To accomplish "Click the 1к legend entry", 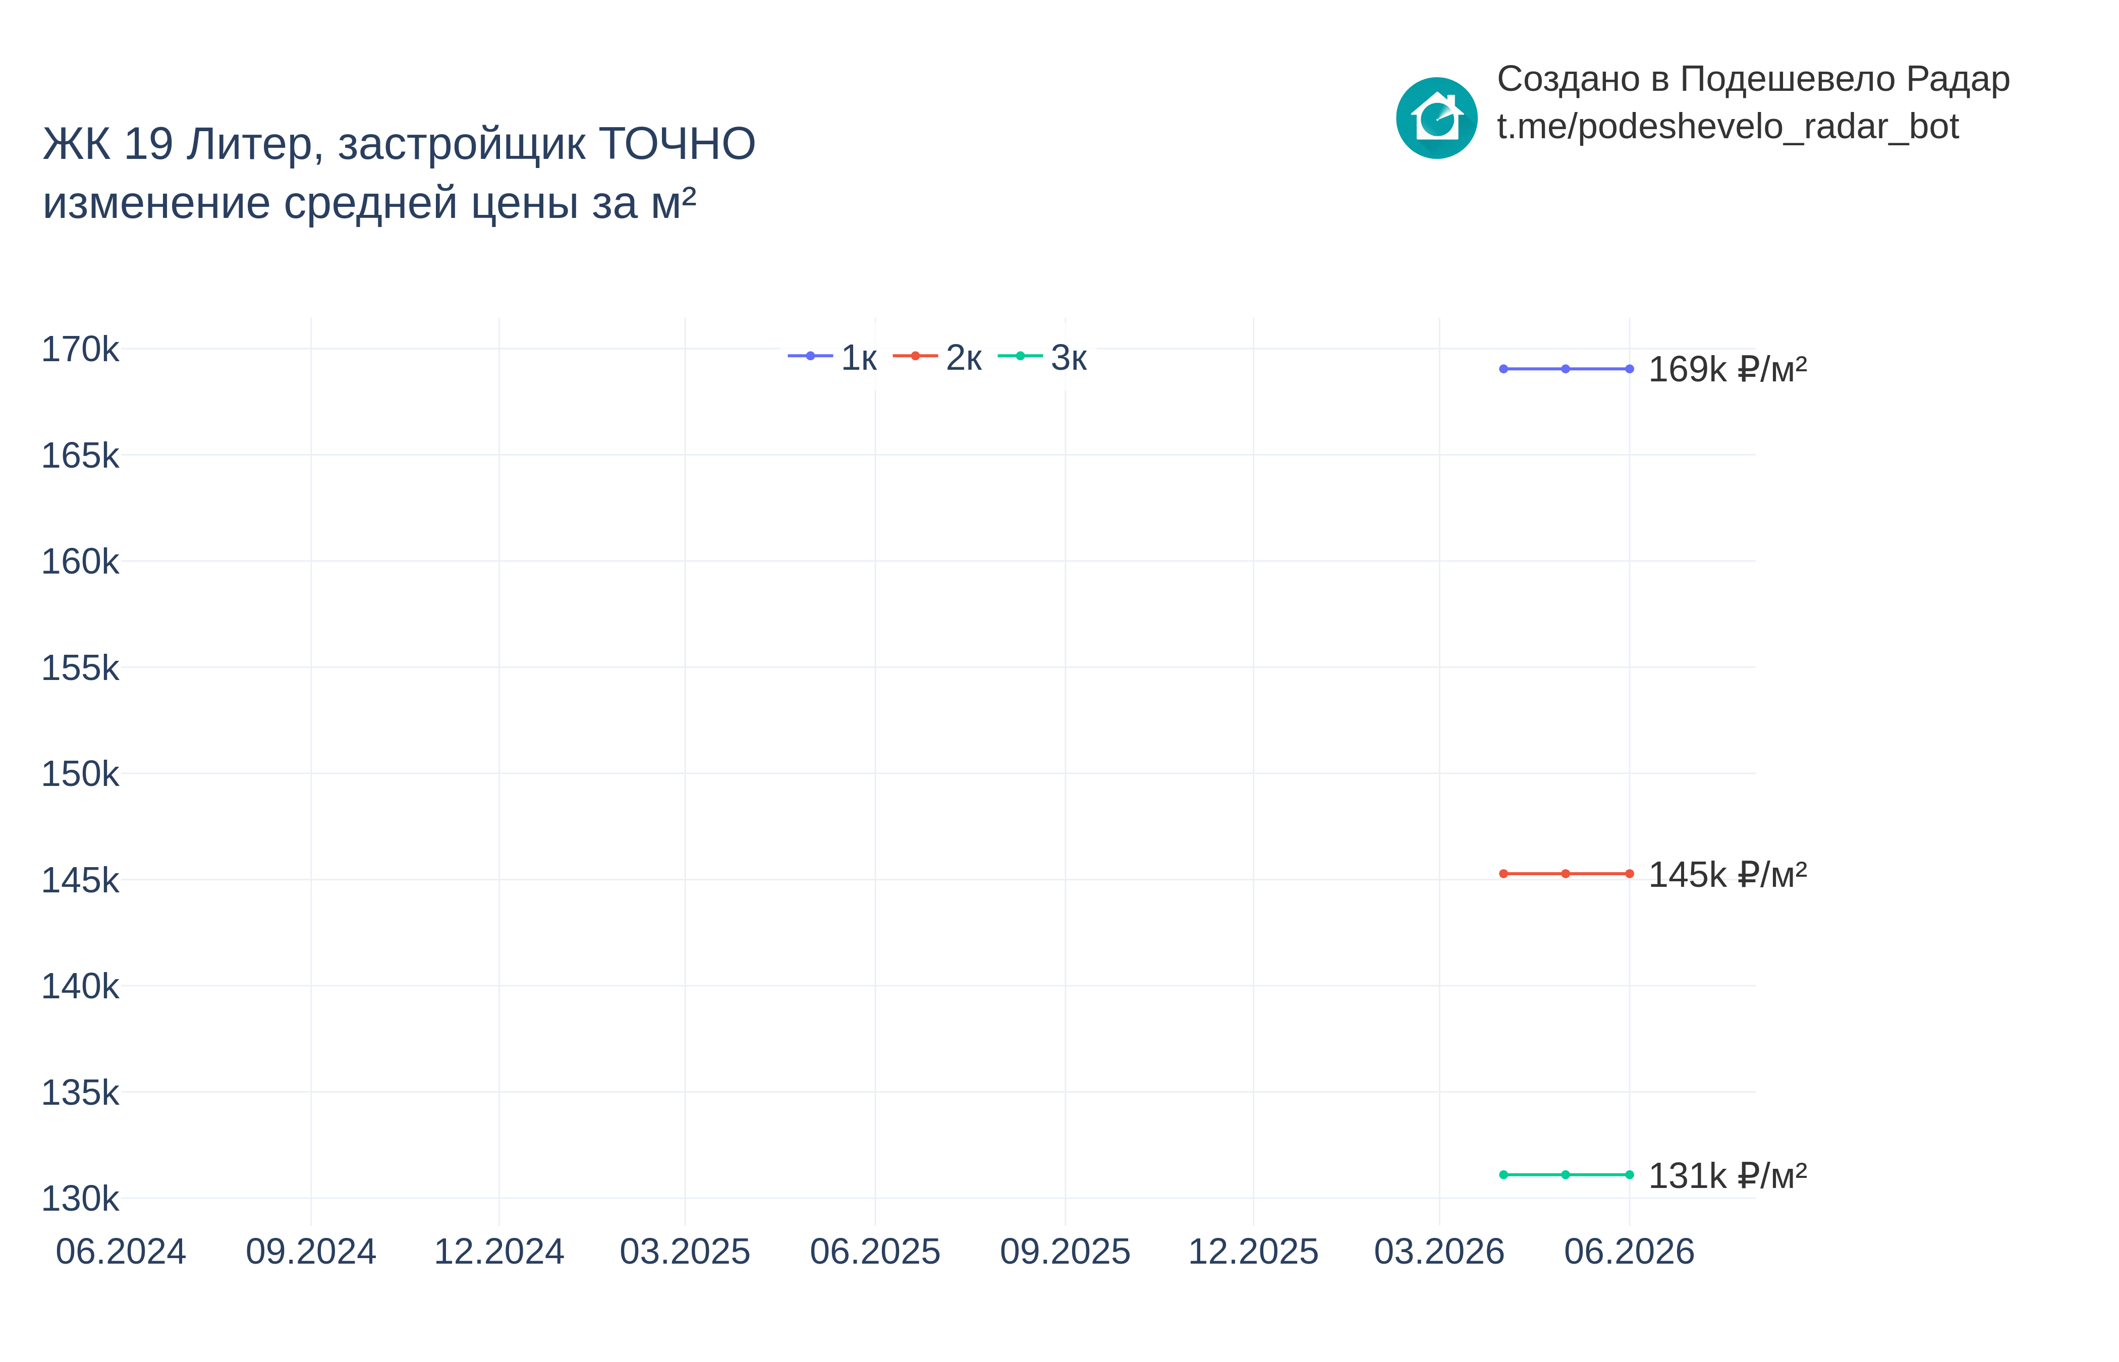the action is click(x=832, y=357).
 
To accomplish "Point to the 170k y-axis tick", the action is click(x=80, y=350).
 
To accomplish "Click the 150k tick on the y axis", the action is click(x=80, y=774).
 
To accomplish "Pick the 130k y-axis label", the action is click(x=80, y=1199).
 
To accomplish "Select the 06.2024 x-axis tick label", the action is click(x=121, y=1252).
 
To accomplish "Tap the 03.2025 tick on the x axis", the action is click(x=686, y=1252).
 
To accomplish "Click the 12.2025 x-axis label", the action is click(x=1253, y=1252).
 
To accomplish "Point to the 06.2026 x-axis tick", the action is click(x=1629, y=1252).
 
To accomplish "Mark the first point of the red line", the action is click(x=1503, y=874).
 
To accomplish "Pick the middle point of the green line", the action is click(x=1566, y=1174).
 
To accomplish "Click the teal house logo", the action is click(x=1436, y=118).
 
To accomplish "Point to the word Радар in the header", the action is click(x=1958, y=80).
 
